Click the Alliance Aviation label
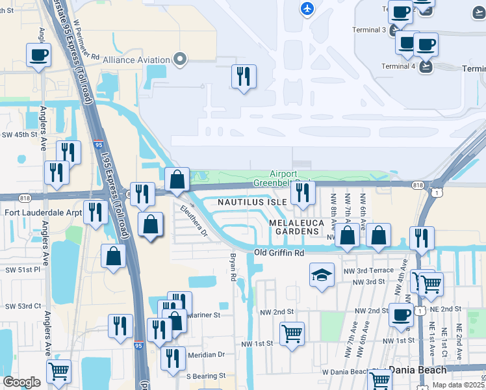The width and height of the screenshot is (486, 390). pyautogui.click(x=136, y=60)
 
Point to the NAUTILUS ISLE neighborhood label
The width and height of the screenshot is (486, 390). pyautogui.click(x=252, y=202)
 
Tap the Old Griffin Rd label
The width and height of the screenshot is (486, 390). pyautogui.click(x=279, y=252)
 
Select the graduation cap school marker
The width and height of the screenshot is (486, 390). pyautogui.click(x=322, y=275)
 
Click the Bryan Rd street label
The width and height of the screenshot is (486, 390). pyautogui.click(x=232, y=268)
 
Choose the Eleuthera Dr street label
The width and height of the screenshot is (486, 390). pyautogui.click(x=193, y=221)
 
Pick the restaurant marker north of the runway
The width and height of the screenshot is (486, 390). pyautogui.click(x=244, y=76)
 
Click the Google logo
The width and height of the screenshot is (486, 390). pyautogui.click(x=21, y=382)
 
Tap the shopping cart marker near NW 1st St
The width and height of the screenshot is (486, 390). pyautogui.click(x=292, y=334)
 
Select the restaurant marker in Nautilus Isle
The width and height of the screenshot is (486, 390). pyautogui.click(x=302, y=192)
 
